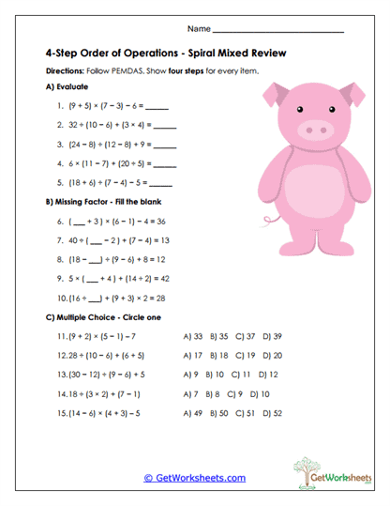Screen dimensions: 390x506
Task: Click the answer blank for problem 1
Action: (158, 107)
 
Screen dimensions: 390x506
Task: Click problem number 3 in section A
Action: (60, 145)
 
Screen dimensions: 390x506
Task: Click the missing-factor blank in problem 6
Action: (82, 222)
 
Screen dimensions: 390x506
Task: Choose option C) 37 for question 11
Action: (245, 336)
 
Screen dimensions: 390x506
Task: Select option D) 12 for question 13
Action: (267, 375)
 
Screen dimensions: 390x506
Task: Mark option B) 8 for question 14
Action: (214, 393)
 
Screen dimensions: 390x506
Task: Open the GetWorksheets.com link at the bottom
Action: (195, 477)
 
